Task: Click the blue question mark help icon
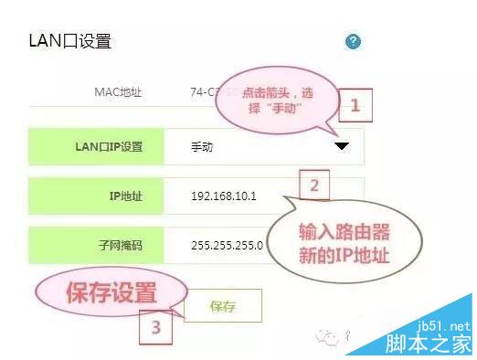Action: click(x=354, y=42)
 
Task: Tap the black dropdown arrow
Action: click(x=342, y=146)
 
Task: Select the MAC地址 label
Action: click(x=119, y=92)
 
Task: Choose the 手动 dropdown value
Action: click(x=201, y=146)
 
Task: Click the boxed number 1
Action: click(x=355, y=105)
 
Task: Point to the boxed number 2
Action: click(x=313, y=186)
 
